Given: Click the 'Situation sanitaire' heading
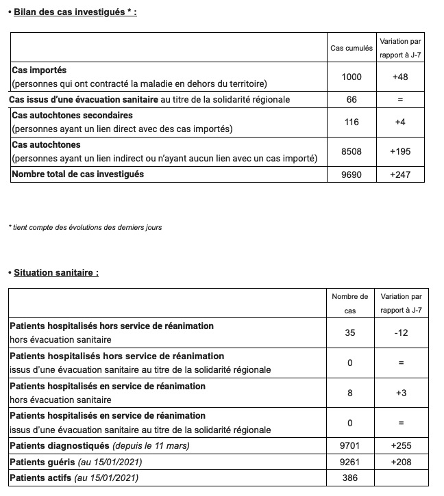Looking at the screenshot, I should pyautogui.click(x=56, y=272).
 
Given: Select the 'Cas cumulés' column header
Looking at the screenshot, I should pyautogui.click(x=351, y=48).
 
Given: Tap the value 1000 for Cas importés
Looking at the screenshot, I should pyautogui.click(x=351, y=77).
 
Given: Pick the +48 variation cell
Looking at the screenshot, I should pyautogui.click(x=400, y=77).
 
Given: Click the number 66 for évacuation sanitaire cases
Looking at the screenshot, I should pyautogui.click(x=351, y=100).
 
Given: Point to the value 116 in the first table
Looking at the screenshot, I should pyautogui.click(x=351, y=121).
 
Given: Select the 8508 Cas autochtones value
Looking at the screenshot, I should pyautogui.click(x=351, y=151).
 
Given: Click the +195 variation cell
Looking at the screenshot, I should pyautogui.click(x=400, y=151).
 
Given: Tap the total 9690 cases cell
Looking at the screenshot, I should pyautogui.click(x=351, y=174).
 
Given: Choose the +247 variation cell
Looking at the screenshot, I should pyautogui.click(x=400, y=174).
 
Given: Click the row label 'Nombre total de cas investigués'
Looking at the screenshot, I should pyautogui.click(x=78, y=174).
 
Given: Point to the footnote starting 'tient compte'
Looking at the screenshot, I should pyautogui.click(x=85, y=227).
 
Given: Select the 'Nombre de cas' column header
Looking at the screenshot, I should pyautogui.click(x=349, y=303).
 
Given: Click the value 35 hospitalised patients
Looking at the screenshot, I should pyautogui.click(x=349, y=333).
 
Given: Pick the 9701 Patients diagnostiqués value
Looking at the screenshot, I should pyautogui.click(x=349, y=446).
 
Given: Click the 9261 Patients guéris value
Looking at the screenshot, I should pyautogui.click(x=349, y=462).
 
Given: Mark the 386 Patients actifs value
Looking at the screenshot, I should pyautogui.click(x=349, y=478).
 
